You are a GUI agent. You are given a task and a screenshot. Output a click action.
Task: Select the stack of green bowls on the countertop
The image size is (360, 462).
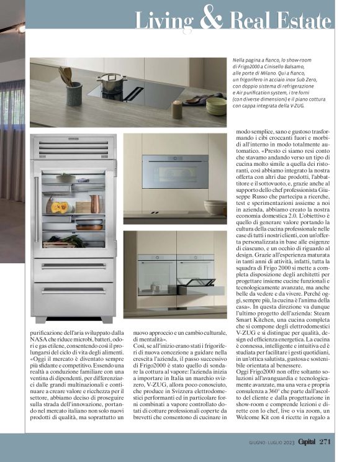[216, 106]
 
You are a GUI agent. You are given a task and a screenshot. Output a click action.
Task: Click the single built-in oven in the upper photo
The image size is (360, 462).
[175, 171]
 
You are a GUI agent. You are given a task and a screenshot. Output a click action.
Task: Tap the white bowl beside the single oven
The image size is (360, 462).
[215, 207]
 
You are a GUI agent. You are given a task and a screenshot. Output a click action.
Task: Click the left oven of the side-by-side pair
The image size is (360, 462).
[156, 274]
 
